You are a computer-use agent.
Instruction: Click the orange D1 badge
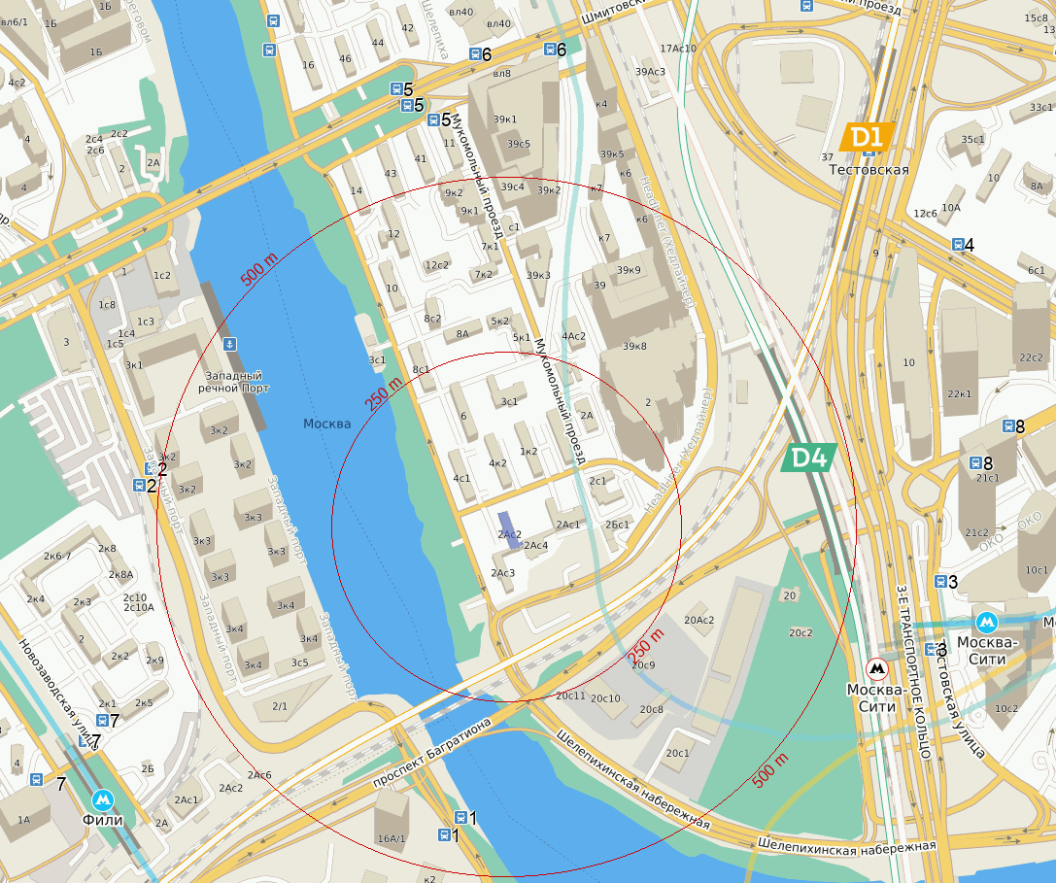click(867, 137)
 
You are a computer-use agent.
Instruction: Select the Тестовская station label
click(869, 170)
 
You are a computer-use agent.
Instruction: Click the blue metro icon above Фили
click(102, 799)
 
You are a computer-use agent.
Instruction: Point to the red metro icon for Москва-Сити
click(877, 668)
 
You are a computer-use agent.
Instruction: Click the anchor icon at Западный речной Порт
click(230, 343)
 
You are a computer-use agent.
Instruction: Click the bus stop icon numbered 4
click(958, 246)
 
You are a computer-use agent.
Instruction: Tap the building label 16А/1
click(392, 837)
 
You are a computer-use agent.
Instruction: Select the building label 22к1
click(959, 393)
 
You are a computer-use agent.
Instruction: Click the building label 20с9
click(643, 665)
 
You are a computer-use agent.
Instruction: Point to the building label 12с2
click(436, 265)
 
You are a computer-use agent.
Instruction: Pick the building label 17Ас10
click(678, 49)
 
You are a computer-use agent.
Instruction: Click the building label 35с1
click(972, 140)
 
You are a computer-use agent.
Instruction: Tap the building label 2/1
click(280, 705)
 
